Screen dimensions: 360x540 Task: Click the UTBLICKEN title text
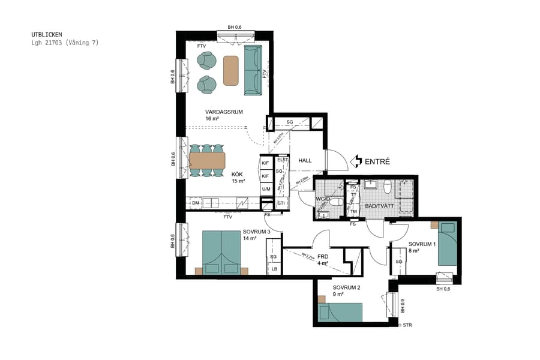[46, 35]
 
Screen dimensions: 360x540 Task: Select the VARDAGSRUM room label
[224, 112]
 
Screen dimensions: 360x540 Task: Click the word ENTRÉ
[377, 161]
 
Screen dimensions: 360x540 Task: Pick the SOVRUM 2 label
[347, 287]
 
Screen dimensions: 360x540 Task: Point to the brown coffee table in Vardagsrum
[231, 70]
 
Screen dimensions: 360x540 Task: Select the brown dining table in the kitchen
[207, 161]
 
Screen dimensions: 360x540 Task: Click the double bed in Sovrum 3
[221, 252]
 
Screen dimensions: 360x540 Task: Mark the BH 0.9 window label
[402, 306]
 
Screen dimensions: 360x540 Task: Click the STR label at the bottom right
[407, 325]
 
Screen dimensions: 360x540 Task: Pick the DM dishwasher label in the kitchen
[196, 203]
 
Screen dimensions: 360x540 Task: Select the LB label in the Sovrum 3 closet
[274, 268]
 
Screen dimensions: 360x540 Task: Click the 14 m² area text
[250, 238]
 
